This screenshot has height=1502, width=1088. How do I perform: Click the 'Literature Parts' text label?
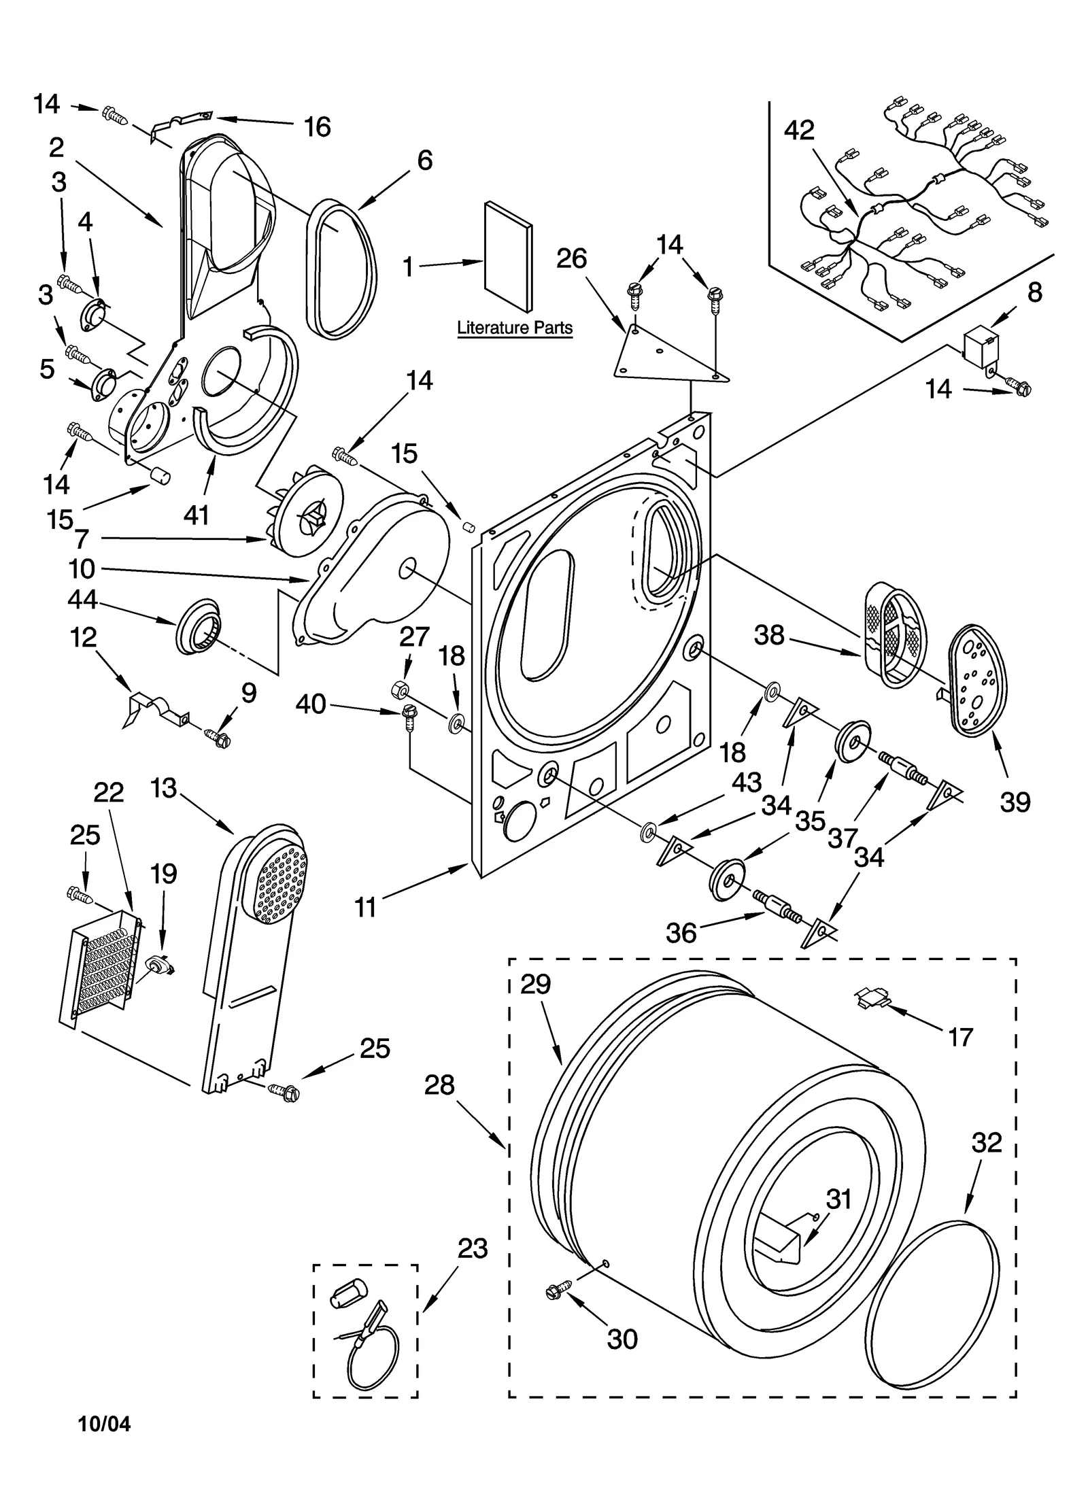pyautogui.click(x=514, y=328)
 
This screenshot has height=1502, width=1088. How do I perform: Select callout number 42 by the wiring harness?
pyautogui.click(x=798, y=131)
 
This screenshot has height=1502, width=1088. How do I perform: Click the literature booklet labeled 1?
pyautogui.click(x=508, y=255)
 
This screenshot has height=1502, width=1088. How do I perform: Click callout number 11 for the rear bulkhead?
pyautogui.click(x=366, y=907)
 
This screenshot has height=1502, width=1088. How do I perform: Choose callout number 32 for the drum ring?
pyautogui.click(x=986, y=1142)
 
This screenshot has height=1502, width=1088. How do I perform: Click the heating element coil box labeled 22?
pyautogui.click(x=102, y=966)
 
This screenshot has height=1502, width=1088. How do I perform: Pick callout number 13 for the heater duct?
pyautogui.click(x=164, y=788)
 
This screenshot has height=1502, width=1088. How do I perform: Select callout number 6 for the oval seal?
pyautogui.click(x=424, y=160)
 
